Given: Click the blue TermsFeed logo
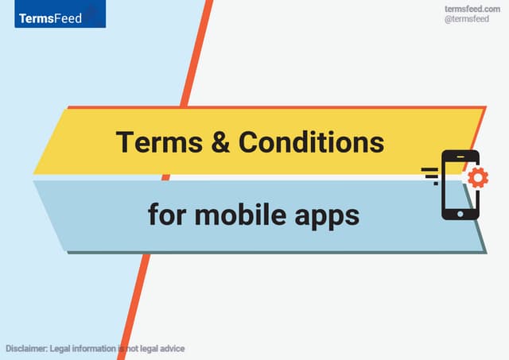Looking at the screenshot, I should click(x=60, y=15).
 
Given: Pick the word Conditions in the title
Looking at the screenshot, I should click(x=312, y=142).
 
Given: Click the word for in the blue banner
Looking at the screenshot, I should click(x=165, y=214).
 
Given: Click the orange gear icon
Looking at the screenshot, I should click(x=478, y=177).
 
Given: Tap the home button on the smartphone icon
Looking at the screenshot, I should click(x=460, y=213).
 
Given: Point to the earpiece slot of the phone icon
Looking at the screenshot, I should click(x=460, y=156).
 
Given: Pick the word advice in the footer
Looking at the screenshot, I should click(x=171, y=349).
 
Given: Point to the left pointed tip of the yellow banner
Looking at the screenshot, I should click(x=35, y=172).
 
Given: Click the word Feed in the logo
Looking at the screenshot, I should click(x=68, y=17).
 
